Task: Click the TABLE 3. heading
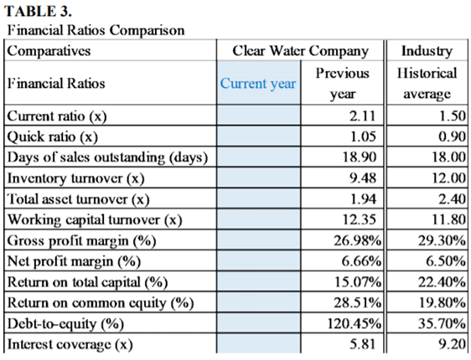click(38, 12)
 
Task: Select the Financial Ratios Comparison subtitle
click(96, 30)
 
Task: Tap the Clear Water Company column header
click(300, 51)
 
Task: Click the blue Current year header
click(258, 84)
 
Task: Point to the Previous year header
click(342, 84)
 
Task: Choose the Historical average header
click(427, 84)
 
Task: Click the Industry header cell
click(427, 51)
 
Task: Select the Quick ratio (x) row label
click(53, 136)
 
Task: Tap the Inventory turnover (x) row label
click(75, 178)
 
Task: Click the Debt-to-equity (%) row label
click(65, 324)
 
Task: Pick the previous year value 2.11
click(363, 116)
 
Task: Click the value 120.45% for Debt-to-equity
click(355, 324)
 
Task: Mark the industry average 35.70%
click(442, 324)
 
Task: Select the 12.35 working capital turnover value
click(360, 219)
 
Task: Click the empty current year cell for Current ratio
click(258, 116)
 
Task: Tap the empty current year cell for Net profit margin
click(258, 260)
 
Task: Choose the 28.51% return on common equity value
click(358, 303)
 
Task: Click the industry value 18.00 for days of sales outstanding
click(449, 157)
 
